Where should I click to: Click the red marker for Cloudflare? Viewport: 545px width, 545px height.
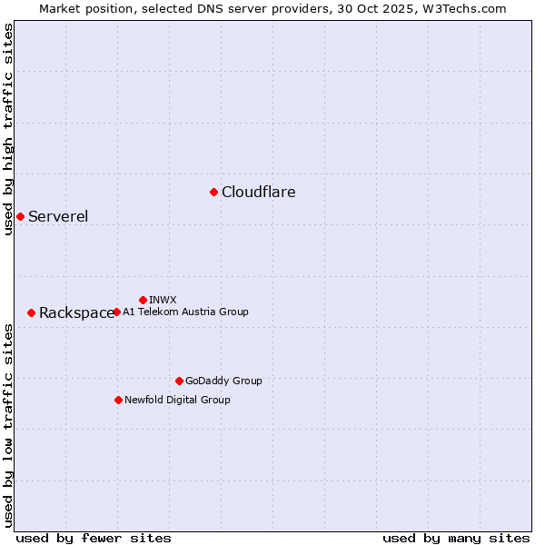(x=213, y=192)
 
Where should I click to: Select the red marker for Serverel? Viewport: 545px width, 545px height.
(x=20, y=216)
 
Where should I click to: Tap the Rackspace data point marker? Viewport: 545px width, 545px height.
(x=31, y=312)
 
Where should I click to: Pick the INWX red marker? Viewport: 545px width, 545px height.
(x=143, y=300)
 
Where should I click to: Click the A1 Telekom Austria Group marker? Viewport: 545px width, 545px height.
(x=116, y=312)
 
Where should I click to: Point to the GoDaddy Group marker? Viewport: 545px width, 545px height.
(x=179, y=381)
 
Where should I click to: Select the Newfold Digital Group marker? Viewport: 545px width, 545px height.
(x=118, y=400)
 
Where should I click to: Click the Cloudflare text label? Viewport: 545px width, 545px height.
(x=258, y=192)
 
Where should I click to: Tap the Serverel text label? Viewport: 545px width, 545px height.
(x=58, y=216)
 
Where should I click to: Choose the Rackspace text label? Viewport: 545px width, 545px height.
(x=76, y=312)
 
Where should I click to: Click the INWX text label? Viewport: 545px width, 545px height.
(x=163, y=300)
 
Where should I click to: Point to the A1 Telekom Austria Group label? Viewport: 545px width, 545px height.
(x=185, y=312)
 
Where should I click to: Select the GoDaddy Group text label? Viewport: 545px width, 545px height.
(x=223, y=381)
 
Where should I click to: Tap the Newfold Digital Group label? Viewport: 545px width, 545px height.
(x=177, y=400)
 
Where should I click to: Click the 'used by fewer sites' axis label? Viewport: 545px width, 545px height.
(x=94, y=538)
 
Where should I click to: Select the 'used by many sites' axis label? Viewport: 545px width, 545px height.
(x=456, y=538)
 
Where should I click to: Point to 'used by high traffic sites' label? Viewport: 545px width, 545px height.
(x=8, y=129)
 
